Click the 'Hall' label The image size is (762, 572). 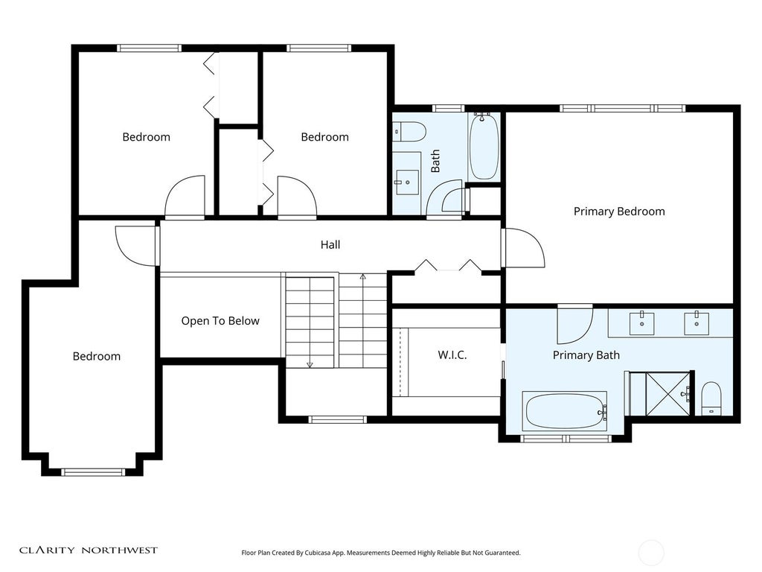click(x=330, y=244)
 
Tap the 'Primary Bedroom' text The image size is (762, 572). click(x=619, y=212)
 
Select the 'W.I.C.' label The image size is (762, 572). click(x=452, y=355)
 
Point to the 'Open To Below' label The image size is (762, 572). click(x=220, y=321)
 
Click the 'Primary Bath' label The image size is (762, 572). click(x=586, y=355)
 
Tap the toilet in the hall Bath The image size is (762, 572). click(x=409, y=131)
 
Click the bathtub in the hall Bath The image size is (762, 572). click(x=484, y=146)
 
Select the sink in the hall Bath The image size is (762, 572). click(x=407, y=182)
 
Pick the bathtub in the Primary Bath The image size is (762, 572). click(x=565, y=411)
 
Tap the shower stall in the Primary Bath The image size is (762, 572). click(x=662, y=393)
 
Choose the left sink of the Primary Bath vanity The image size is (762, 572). click(x=642, y=323)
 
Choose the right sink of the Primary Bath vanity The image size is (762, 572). click(x=697, y=323)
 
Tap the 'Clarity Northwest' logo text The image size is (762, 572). click(x=89, y=550)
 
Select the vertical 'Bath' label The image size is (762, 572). click(x=435, y=161)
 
